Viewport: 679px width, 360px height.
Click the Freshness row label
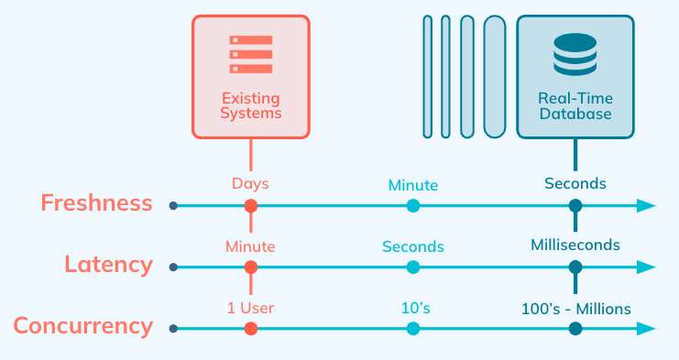[96, 203]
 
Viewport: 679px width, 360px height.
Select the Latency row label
[108, 265]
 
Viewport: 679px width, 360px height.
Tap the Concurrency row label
[82, 326]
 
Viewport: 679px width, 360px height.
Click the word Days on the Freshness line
[250, 184]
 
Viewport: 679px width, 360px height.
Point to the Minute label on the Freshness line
[412, 185]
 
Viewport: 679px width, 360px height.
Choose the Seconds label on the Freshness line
[575, 183]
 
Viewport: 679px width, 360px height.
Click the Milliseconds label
[575, 245]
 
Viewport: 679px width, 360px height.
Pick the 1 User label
[250, 308]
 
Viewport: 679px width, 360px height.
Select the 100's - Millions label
[575, 308]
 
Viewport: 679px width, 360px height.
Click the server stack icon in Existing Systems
[251, 54]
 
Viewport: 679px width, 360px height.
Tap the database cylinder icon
[575, 54]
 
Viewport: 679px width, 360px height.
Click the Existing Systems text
[251, 105]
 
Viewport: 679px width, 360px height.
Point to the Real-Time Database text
[575, 105]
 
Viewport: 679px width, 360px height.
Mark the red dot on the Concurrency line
[251, 328]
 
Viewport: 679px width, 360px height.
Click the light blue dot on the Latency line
[413, 267]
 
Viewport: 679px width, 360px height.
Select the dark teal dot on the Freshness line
[575, 206]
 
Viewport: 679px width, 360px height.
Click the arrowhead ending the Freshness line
[647, 206]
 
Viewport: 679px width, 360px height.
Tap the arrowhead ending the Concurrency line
[647, 328]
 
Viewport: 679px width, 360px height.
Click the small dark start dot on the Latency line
[173, 267]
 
